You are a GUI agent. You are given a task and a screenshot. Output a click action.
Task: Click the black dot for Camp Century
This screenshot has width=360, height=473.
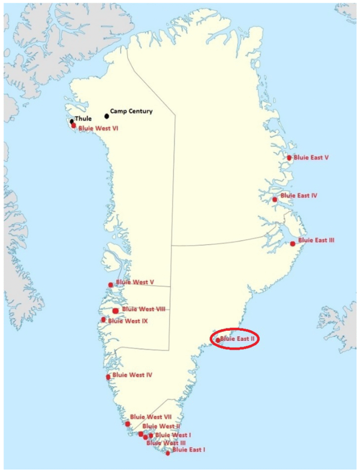[107, 115]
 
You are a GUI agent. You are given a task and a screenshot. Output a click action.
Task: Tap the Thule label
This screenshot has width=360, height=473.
[83, 119]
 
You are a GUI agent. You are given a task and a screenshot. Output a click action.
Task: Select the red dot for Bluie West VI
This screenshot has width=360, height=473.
[73, 125]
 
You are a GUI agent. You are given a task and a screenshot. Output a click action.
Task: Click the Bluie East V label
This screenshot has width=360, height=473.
[311, 158]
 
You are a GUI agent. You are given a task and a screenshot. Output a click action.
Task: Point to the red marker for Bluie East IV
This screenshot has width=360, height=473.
[275, 200]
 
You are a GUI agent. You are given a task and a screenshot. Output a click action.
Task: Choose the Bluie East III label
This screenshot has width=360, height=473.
[316, 240]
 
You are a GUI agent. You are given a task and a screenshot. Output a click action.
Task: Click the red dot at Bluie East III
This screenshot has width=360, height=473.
[293, 243]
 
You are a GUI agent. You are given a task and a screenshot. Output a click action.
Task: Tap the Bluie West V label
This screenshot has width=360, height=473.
[135, 282]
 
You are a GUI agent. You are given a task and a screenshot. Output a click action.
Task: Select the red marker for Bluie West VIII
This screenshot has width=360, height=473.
[115, 311]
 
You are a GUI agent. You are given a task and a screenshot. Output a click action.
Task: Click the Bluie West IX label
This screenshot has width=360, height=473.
[128, 321]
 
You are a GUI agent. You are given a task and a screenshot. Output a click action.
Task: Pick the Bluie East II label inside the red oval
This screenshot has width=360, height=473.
[238, 339]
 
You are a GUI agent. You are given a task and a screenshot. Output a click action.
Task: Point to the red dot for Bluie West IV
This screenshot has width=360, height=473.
[108, 377]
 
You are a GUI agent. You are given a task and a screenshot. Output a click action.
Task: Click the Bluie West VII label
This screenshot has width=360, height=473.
[151, 417]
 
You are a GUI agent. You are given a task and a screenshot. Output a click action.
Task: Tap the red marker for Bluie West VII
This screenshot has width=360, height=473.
[128, 424]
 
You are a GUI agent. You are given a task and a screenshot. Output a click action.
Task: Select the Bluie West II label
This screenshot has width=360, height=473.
[161, 426]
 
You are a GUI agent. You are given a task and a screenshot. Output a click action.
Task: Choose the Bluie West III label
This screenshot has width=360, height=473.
[166, 443]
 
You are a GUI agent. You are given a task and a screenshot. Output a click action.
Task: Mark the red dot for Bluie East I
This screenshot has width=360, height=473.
[168, 453]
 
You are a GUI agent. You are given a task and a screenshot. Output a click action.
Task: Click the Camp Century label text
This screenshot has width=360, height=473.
[131, 111]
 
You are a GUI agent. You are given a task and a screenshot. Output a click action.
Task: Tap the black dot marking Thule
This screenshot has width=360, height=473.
[72, 121]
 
